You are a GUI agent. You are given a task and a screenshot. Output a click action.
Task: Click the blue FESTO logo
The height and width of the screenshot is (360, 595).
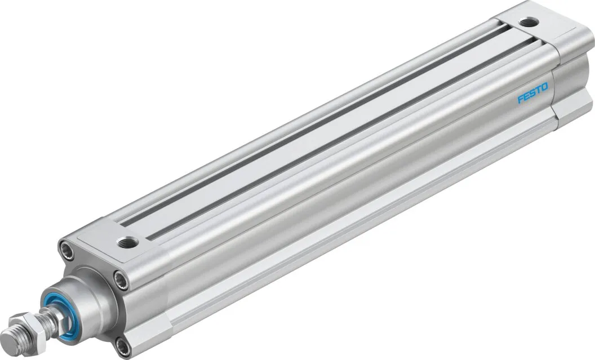coord(533,93)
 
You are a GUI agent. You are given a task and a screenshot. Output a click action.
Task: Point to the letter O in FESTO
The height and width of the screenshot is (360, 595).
coord(544,87)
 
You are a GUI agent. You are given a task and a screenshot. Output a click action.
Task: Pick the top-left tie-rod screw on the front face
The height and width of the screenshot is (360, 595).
coord(66,250)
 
